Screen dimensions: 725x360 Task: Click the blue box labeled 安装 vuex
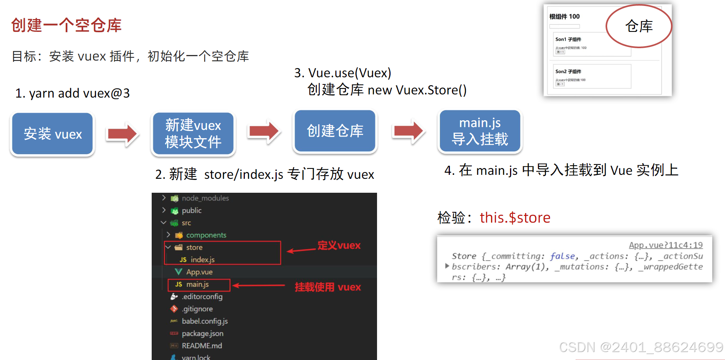pyautogui.click(x=53, y=134)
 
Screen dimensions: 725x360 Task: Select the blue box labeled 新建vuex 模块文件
pyautogui.click(x=193, y=134)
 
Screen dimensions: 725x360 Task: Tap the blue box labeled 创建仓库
pyautogui.click(x=335, y=131)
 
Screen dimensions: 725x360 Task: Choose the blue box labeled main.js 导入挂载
pyautogui.click(x=480, y=131)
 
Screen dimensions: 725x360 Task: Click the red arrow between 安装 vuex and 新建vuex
pyautogui.click(x=123, y=134)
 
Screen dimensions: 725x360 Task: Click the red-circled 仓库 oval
pyautogui.click(x=639, y=26)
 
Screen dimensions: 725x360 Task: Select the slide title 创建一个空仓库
pyautogui.click(x=66, y=25)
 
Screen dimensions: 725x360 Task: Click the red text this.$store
pyautogui.click(x=515, y=218)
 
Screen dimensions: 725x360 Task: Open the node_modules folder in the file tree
pyautogui.click(x=205, y=198)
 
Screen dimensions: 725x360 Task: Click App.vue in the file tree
pyautogui.click(x=199, y=272)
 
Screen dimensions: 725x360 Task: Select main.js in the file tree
pyautogui.click(x=197, y=284)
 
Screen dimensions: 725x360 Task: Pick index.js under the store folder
pyautogui.click(x=202, y=260)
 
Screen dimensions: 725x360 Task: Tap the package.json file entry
pyautogui.click(x=202, y=333)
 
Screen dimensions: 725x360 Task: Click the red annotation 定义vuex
pyautogui.click(x=339, y=245)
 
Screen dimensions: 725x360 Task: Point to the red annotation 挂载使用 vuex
pyautogui.click(x=328, y=287)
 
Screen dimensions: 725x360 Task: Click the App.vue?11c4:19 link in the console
pyautogui.click(x=666, y=245)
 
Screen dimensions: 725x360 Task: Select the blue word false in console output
pyautogui.click(x=562, y=256)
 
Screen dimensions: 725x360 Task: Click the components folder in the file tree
pyautogui.click(x=206, y=235)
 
